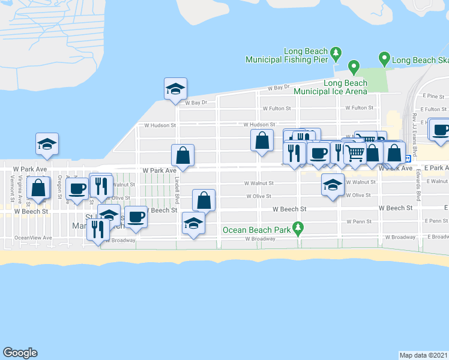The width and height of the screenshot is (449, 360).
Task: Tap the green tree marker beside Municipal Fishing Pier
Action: (x=336, y=53)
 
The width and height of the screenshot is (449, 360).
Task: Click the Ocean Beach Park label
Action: (x=256, y=229)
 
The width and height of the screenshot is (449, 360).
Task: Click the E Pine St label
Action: (x=432, y=96)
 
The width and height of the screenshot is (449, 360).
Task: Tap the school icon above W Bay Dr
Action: (x=175, y=88)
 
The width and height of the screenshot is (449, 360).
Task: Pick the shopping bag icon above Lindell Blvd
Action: (x=182, y=155)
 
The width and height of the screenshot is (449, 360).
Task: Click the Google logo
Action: (x=20, y=353)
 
